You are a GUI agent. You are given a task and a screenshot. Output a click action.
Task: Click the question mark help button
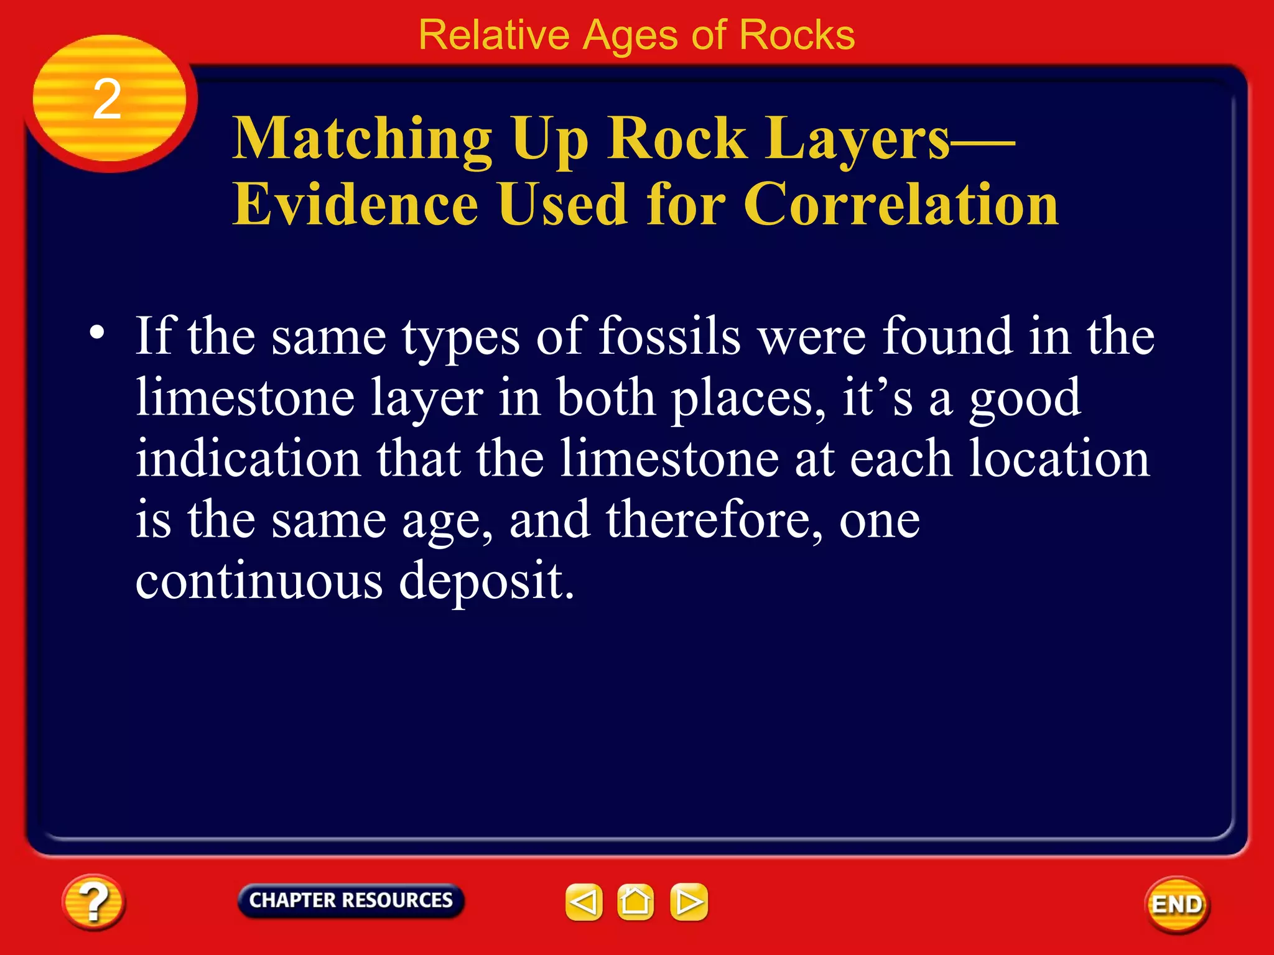pos(93,902)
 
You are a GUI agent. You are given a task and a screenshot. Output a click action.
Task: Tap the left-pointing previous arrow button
pos(584,902)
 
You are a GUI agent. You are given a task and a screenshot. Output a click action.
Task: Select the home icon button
pos(635,902)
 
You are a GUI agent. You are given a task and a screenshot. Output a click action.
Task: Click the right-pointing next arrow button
pos(689,902)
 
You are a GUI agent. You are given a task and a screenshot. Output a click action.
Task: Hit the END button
pos(1177,905)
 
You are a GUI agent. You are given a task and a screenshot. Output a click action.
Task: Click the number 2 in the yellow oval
pos(107,99)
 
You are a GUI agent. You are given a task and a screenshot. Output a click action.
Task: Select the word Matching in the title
pos(363,140)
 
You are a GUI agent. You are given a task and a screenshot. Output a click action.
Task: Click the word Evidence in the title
pos(355,205)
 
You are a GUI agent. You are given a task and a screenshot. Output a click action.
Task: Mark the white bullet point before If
pos(96,332)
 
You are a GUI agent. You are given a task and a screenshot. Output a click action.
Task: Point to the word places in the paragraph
pos(749,398)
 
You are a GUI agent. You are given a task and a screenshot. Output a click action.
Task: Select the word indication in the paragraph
pos(248,458)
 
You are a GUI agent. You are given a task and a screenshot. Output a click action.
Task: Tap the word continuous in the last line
pos(259,581)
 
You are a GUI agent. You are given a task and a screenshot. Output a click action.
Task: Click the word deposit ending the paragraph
pos(486,581)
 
